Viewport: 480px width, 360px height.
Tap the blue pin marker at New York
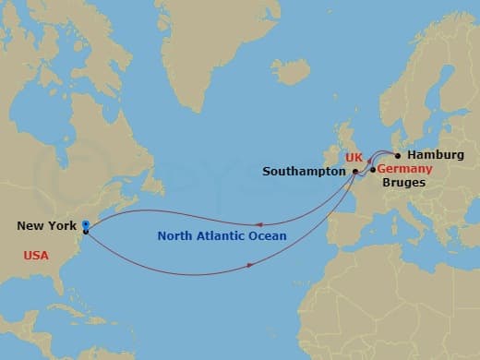(x=85, y=224)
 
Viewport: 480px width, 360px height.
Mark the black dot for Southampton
(x=355, y=172)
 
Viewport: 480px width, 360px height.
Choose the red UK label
(x=354, y=157)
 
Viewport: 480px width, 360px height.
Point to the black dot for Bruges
(x=372, y=170)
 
